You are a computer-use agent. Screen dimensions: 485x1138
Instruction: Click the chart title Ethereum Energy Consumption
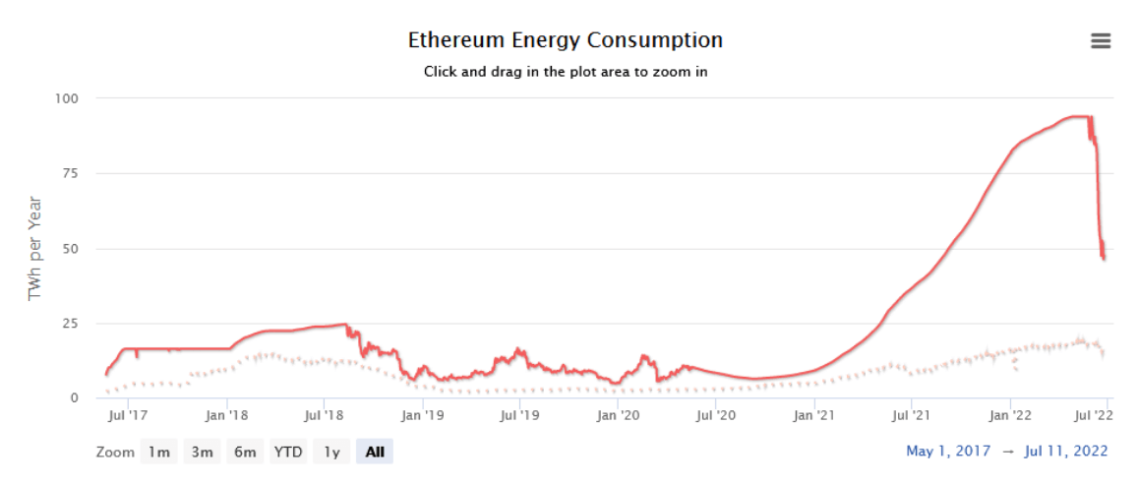565,40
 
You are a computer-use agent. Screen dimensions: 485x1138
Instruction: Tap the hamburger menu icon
1101,40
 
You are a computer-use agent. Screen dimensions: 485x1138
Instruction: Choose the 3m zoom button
202,453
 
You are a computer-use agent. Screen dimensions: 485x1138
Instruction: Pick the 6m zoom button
245,453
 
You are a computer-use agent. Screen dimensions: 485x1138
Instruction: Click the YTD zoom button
288,453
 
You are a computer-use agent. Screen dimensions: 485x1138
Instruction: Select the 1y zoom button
332,453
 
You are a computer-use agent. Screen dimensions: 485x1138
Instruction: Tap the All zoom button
375,453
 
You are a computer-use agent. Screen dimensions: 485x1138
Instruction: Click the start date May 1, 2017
948,452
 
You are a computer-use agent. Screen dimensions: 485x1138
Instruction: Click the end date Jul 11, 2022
1066,452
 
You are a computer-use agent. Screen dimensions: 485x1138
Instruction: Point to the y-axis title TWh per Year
35,248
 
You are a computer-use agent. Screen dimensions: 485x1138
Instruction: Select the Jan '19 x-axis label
423,414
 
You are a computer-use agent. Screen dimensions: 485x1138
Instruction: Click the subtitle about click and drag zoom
565,72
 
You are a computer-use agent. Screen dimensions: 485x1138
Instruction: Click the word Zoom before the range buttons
116,453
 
